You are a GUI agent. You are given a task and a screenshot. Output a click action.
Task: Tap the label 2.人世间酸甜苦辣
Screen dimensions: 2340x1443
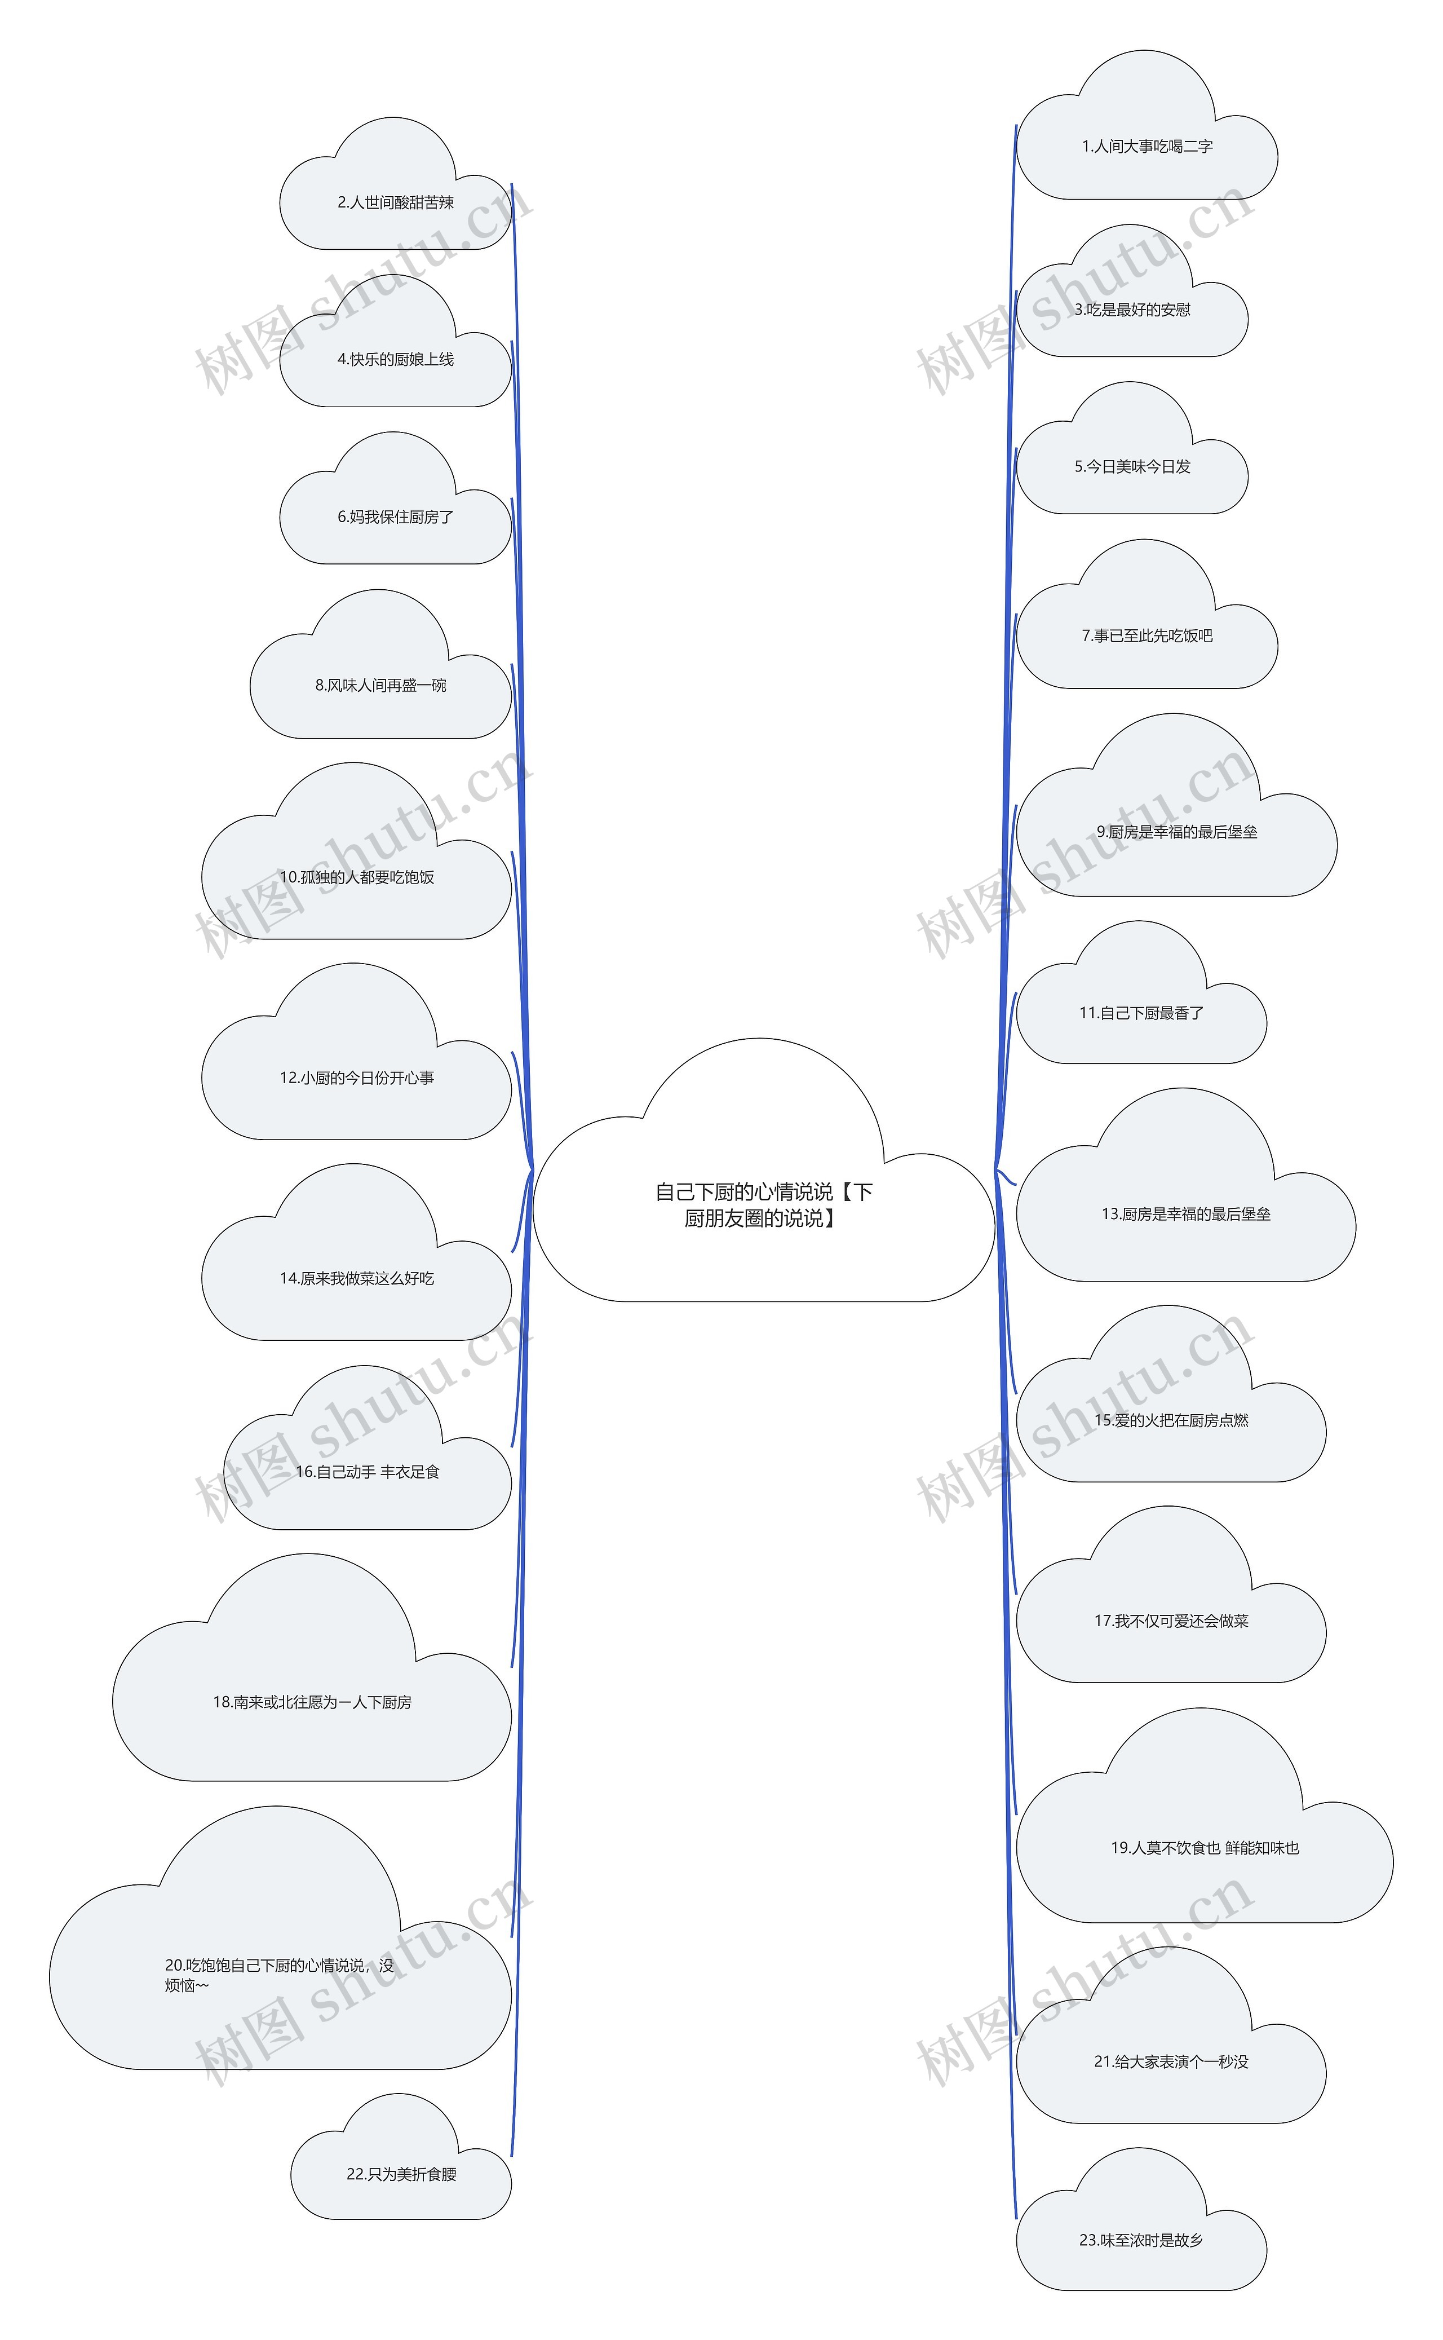click(x=395, y=202)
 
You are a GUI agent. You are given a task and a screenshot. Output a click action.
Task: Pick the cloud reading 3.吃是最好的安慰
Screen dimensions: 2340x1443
click(x=1132, y=310)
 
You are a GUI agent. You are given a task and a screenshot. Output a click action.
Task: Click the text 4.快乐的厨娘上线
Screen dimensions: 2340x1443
click(x=395, y=360)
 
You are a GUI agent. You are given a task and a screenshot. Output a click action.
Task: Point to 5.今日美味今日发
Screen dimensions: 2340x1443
click(x=1132, y=467)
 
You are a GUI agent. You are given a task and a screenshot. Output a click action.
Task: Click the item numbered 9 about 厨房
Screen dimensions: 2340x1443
click(x=1176, y=832)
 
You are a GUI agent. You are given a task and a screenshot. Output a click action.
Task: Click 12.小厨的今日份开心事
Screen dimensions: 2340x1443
click(x=356, y=1078)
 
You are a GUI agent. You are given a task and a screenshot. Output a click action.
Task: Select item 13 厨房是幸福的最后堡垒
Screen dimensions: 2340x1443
click(x=1185, y=1215)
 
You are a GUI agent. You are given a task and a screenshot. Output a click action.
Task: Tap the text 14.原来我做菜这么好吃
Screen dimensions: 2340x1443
click(x=356, y=1278)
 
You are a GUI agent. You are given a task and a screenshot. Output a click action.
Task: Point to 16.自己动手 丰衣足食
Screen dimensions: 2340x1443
click(x=368, y=1472)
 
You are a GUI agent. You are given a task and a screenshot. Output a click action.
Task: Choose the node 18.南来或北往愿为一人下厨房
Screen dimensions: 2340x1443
click(x=312, y=1702)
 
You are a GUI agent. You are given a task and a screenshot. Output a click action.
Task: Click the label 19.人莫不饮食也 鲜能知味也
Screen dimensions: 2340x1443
click(x=1205, y=1848)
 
